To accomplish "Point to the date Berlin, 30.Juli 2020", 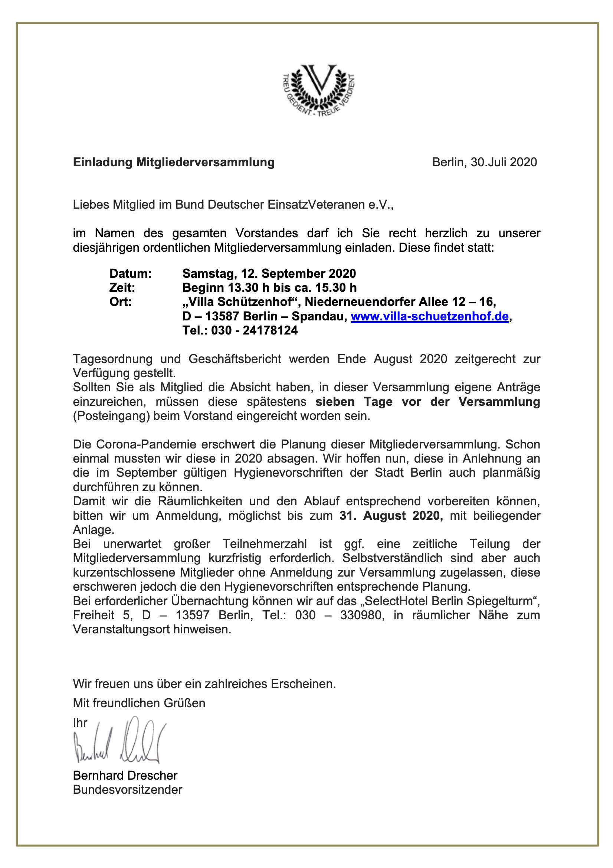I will coord(484,162).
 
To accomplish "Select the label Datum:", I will coord(130,273).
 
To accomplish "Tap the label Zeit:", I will coord(122,288).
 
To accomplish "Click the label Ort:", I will coord(121,302).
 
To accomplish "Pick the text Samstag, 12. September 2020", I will coord(269,273).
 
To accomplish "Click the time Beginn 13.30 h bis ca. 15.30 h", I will coord(269,288).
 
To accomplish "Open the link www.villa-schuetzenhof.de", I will coord(429,316).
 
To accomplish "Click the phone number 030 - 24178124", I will coord(254,330).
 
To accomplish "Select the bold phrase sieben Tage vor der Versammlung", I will coord(427,401).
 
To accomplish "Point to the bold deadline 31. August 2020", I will coord(390,516).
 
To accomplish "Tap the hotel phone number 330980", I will coord(362,615).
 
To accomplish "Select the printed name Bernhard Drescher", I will coord(125,776).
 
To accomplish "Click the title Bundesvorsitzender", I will coord(127,790).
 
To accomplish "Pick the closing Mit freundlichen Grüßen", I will coord(139,703).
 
